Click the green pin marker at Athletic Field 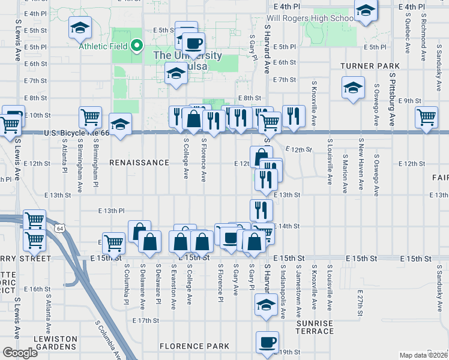(x=137, y=45)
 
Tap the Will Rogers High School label (x=311, y=18)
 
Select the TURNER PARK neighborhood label (x=370, y=65)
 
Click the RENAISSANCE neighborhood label (x=139, y=163)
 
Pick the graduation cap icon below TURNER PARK (x=353, y=88)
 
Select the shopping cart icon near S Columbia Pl (x=113, y=243)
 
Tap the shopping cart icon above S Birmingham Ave (x=90, y=117)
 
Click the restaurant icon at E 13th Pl (x=261, y=210)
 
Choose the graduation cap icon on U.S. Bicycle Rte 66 (x=120, y=124)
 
